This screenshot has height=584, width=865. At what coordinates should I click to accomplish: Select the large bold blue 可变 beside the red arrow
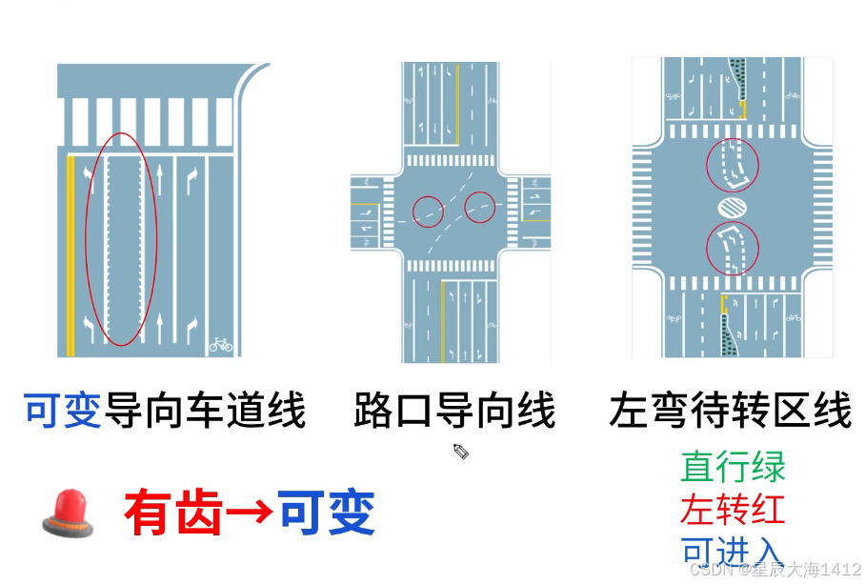pos(327,514)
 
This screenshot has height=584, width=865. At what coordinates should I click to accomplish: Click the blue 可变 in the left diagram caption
pos(63,413)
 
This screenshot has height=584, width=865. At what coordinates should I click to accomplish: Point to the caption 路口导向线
pos(454,413)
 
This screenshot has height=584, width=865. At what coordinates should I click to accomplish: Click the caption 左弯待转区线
pos(731,413)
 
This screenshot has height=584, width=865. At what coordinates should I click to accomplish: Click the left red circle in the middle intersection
pos(429,210)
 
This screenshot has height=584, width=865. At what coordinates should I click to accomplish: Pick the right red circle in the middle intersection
pos(480,207)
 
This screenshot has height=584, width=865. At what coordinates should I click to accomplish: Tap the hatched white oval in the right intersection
pos(733,206)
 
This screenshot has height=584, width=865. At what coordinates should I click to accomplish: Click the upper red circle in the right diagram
pos(733,164)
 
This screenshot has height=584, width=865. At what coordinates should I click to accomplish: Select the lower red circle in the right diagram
pos(733,248)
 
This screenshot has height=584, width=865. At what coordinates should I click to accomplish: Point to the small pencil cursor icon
pos(461,450)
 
